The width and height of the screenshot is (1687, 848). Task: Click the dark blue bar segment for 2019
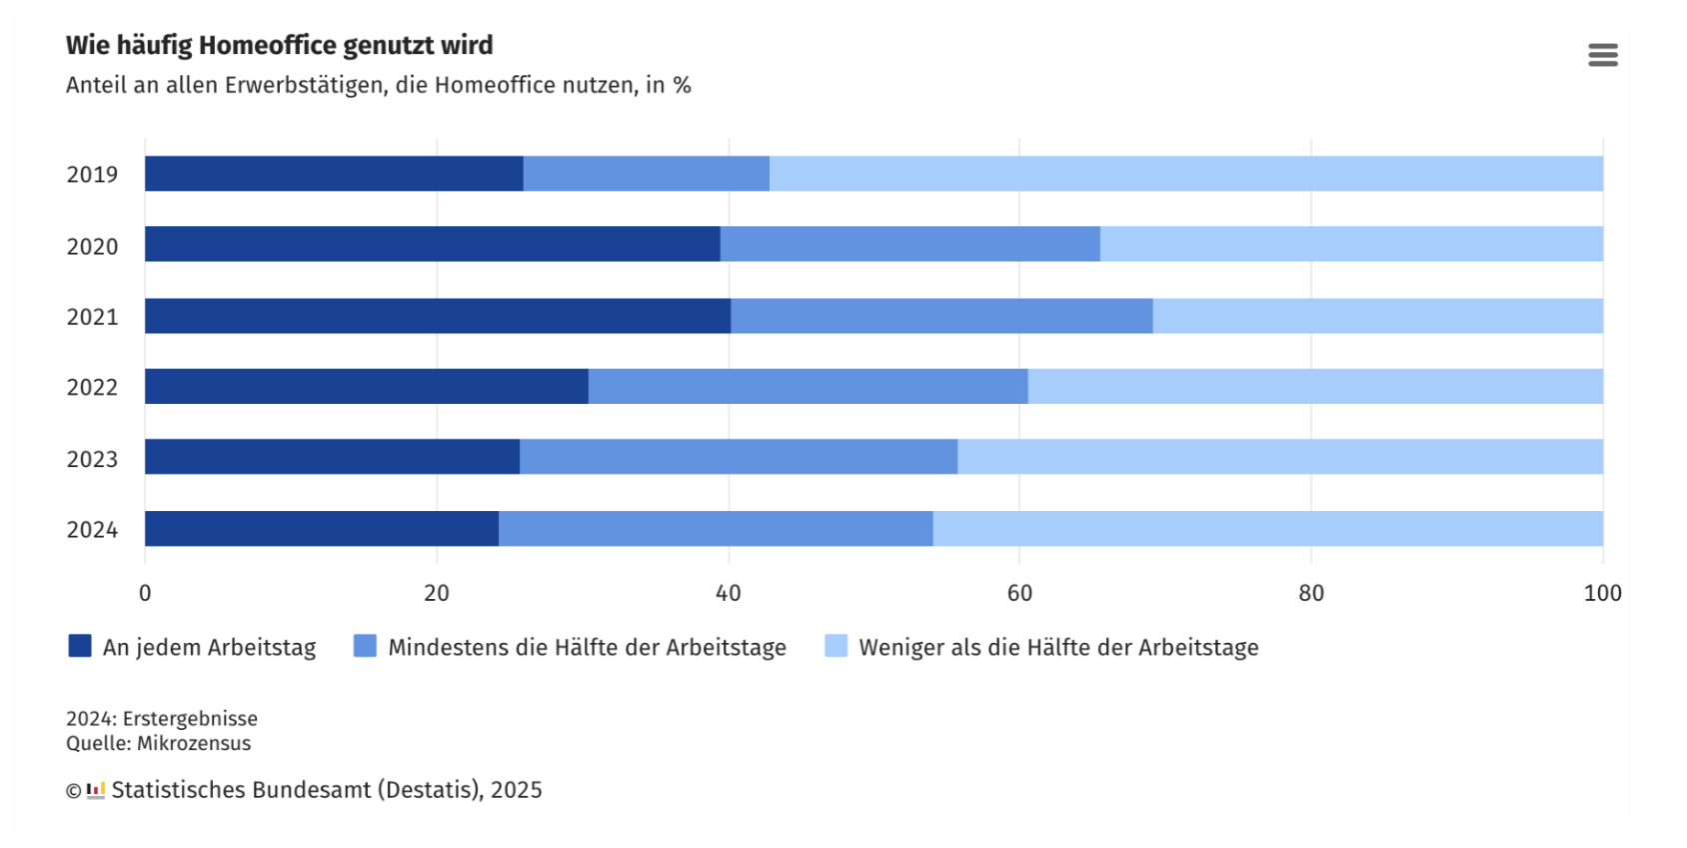pos(334,174)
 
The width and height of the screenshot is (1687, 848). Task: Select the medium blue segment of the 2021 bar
pos(941,316)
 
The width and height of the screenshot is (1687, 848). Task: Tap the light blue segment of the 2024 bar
pos(1267,529)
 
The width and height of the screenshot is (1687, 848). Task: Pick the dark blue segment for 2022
pos(366,387)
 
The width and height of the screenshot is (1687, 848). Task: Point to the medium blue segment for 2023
pos(738,457)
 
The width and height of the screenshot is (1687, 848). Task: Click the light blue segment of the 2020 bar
pos(1351,244)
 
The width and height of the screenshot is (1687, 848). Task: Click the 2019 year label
pos(92,175)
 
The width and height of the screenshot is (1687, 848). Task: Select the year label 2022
pos(92,388)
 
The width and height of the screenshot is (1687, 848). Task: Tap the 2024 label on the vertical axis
pos(92,530)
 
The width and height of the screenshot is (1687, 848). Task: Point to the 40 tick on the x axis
pos(728,593)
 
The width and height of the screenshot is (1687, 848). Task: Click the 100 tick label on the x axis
pos(1602,593)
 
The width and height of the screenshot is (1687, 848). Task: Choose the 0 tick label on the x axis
pos(145,593)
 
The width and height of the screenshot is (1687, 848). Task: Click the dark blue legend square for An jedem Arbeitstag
pos(80,646)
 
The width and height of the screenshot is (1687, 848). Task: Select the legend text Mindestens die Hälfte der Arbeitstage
pos(587,647)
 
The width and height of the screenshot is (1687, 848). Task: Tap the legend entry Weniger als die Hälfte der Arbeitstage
pos(1058,647)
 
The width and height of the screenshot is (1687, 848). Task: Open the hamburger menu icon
pos(1602,55)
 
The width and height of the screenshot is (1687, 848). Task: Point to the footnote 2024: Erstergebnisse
pos(162,718)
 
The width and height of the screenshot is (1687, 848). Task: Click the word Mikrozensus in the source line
pos(194,743)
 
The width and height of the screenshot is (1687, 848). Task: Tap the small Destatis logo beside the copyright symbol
pos(96,790)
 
